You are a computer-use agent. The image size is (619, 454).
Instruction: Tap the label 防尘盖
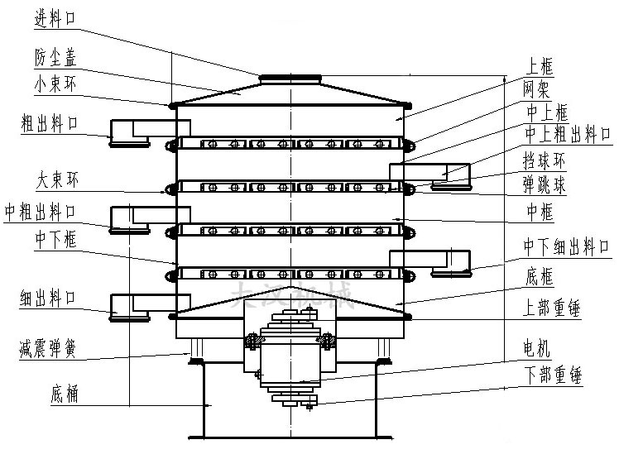pyautogui.click(x=56, y=58)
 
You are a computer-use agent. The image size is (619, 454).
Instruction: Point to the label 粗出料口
pyautogui.click(x=50, y=125)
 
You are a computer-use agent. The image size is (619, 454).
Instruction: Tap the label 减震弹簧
pyautogui.click(x=49, y=348)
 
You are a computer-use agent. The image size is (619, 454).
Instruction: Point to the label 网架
pyautogui.click(x=535, y=87)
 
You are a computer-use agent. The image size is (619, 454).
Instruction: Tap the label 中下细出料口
pyautogui.click(x=564, y=246)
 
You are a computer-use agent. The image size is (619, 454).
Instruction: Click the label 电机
pyautogui.click(x=536, y=347)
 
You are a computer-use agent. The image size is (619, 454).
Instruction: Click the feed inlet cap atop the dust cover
pyautogui.click(x=290, y=79)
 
